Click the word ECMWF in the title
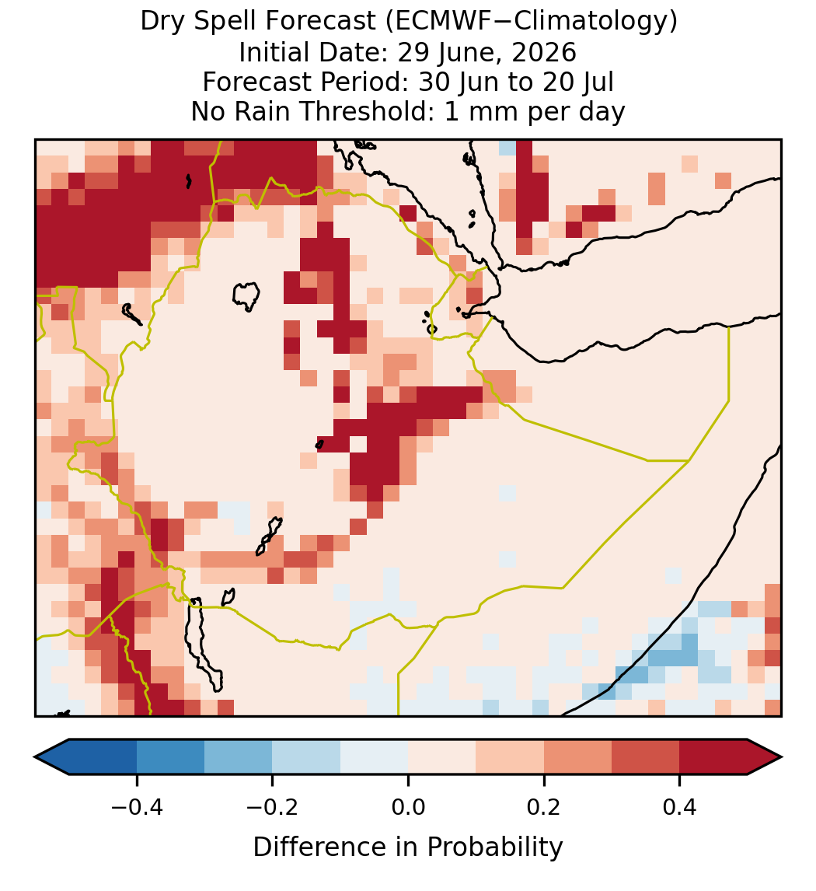pyautogui.click(x=431, y=22)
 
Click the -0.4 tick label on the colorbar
pyautogui.click(x=137, y=807)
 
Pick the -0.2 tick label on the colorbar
pyautogui.click(x=273, y=807)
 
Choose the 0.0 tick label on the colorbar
pyautogui.click(x=408, y=807)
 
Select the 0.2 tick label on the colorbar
pyautogui.click(x=544, y=807)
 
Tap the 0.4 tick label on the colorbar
pyautogui.click(x=680, y=807)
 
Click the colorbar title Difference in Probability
pyautogui.click(x=408, y=847)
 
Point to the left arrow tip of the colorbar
pyautogui.click(x=35, y=757)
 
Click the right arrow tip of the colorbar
pyautogui.click(x=782, y=757)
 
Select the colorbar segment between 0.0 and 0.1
pyautogui.click(x=441, y=757)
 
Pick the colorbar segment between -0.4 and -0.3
pyautogui.click(x=171, y=757)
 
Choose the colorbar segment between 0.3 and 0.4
pyautogui.click(x=646, y=757)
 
